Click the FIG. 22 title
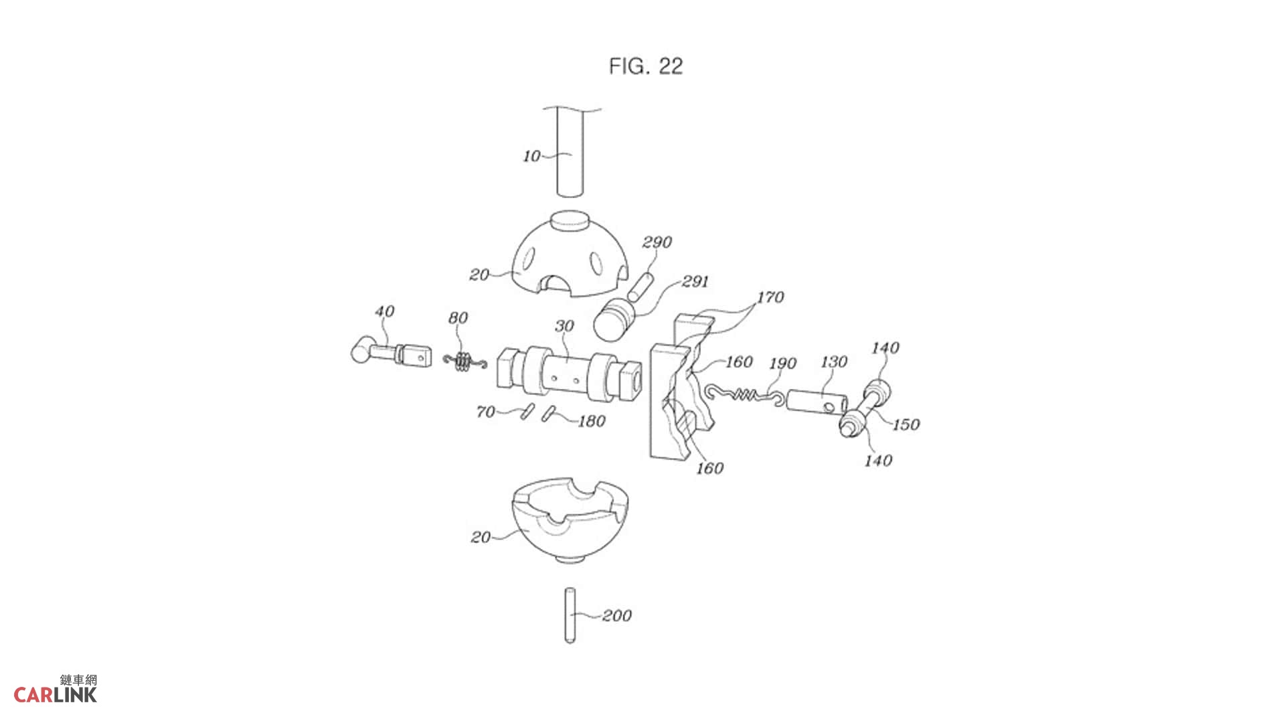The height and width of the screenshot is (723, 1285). coord(646,66)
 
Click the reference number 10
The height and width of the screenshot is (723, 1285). coord(531,156)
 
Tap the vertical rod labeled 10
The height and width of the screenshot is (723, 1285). coord(570,153)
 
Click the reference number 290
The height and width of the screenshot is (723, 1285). coord(657,242)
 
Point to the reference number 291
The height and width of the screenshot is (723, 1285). coord(695,281)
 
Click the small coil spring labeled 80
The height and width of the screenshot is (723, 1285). coord(464,362)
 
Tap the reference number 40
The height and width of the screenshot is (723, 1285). coord(384,311)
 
